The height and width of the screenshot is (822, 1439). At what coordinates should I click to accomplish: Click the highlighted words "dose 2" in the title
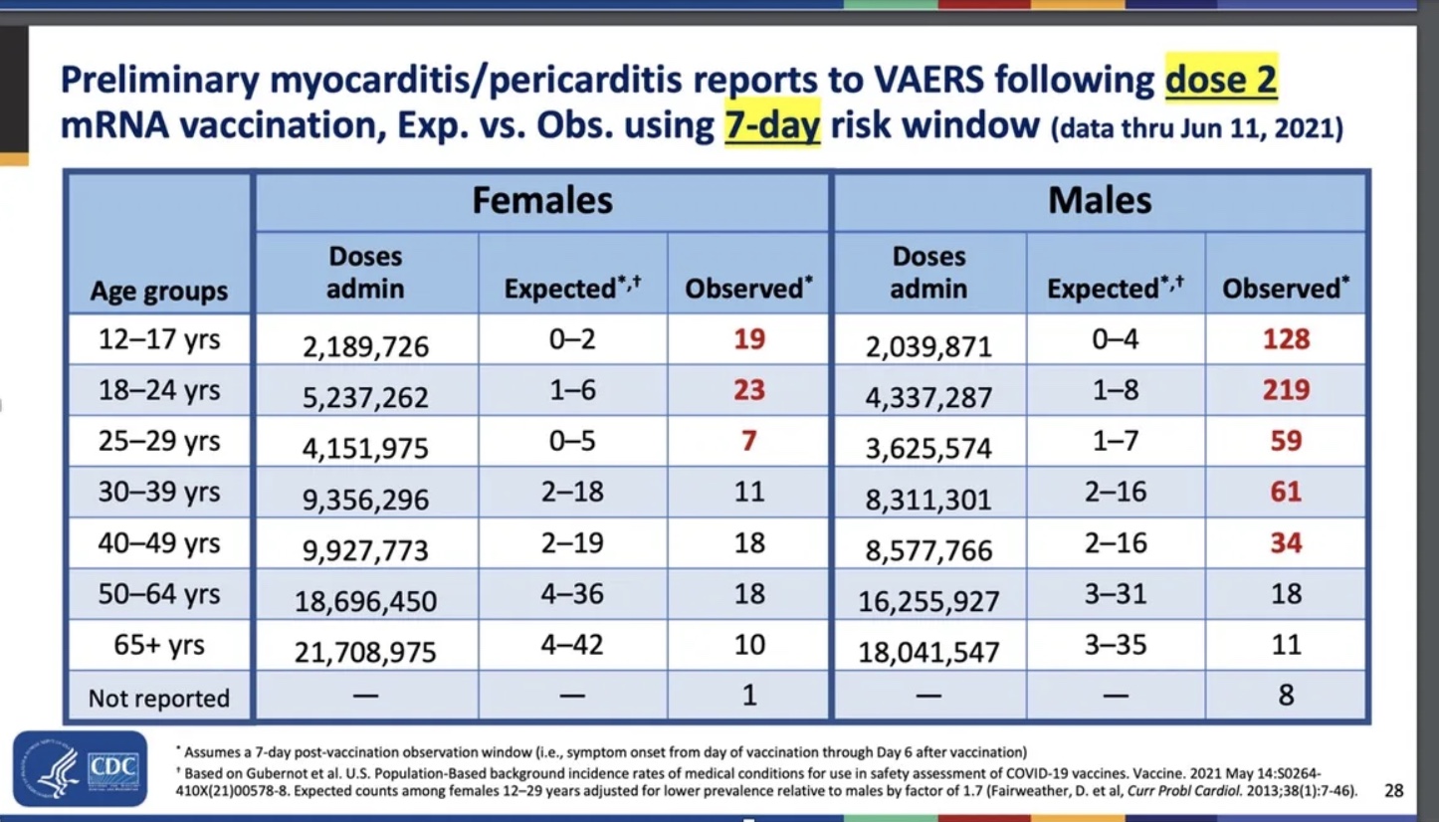pos(1220,80)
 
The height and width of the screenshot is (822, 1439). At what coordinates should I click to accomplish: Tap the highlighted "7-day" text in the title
pos(772,127)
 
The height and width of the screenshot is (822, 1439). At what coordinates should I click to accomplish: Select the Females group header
pos(542,201)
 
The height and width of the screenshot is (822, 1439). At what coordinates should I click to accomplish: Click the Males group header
pos(1100,201)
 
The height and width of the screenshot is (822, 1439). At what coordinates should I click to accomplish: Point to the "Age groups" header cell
pos(159,292)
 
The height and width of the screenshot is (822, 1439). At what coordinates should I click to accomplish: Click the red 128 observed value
pos(1286,339)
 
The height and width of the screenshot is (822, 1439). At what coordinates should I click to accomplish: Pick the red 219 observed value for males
pos(1286,390)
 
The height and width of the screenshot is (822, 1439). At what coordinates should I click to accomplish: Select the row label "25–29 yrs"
pos(159,441)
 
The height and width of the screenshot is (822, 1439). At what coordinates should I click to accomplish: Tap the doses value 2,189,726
pos(366,346)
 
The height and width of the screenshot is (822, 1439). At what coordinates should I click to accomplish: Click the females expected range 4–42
pos(571,645)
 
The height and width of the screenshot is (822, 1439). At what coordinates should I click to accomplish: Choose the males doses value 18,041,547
pos(928,652)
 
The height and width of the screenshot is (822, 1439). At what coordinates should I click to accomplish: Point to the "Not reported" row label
pos(159,698)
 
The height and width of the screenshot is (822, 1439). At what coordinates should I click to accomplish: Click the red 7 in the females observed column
pos(749,441)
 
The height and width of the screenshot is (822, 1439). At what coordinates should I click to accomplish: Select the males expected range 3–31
pos(1116,594)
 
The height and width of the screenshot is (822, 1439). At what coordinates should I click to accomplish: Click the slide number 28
pos(1393,791)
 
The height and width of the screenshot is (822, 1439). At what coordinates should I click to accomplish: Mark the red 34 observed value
pos(1286,543)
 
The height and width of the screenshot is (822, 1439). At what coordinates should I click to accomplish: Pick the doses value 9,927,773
pos(366,550)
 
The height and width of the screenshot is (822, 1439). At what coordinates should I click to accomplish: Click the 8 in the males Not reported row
pos(1286,695)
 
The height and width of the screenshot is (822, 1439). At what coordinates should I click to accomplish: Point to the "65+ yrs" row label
pos(159,645)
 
